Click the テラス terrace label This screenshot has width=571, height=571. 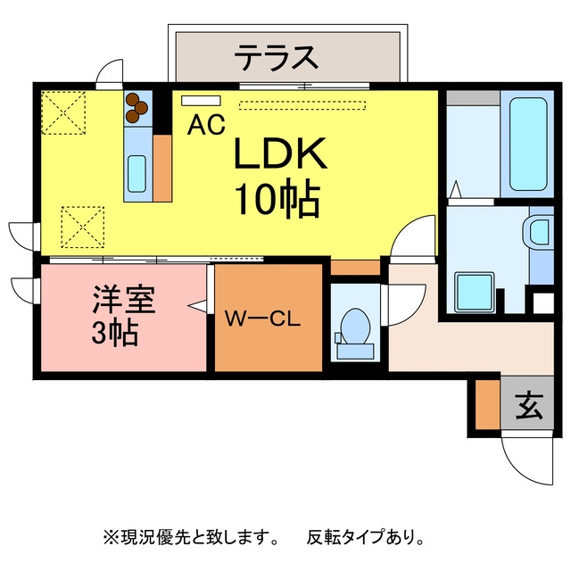276,57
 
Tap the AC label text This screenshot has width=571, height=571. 206,125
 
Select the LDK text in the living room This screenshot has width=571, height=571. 280,153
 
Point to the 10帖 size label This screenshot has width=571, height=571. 278,197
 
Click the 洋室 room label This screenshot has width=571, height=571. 124,300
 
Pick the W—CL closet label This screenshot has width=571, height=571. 262,319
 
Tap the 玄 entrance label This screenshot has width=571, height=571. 529,406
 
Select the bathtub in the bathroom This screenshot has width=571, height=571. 528,144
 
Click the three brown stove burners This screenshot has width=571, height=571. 137,107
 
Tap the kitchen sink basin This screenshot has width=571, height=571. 137,174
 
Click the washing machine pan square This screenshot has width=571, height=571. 474,292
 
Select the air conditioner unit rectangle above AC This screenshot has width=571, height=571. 201,101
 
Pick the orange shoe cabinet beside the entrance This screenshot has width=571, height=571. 488,404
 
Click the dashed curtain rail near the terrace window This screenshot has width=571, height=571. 302,105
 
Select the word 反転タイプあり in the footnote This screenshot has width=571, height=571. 365,536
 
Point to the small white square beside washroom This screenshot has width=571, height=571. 543,303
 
